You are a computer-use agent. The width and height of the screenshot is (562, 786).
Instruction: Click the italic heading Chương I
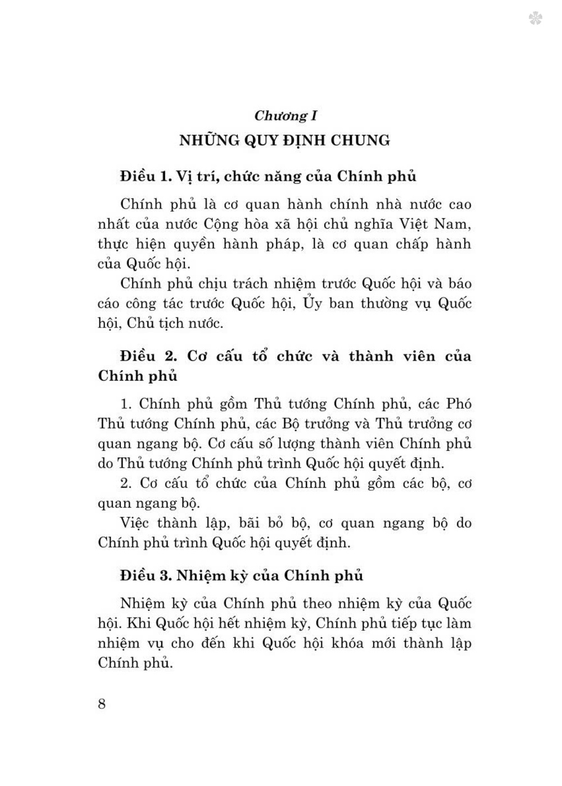click(x=285, y=116)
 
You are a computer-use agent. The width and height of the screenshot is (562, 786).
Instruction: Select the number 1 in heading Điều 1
click(x=165, y=176)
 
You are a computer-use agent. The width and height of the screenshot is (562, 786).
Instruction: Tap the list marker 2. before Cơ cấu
click(x=125, y=483)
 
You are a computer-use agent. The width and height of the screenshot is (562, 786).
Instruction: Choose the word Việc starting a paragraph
click(x=134, y=523)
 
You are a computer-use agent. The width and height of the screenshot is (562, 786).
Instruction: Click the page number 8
click(x=102, y=704)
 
